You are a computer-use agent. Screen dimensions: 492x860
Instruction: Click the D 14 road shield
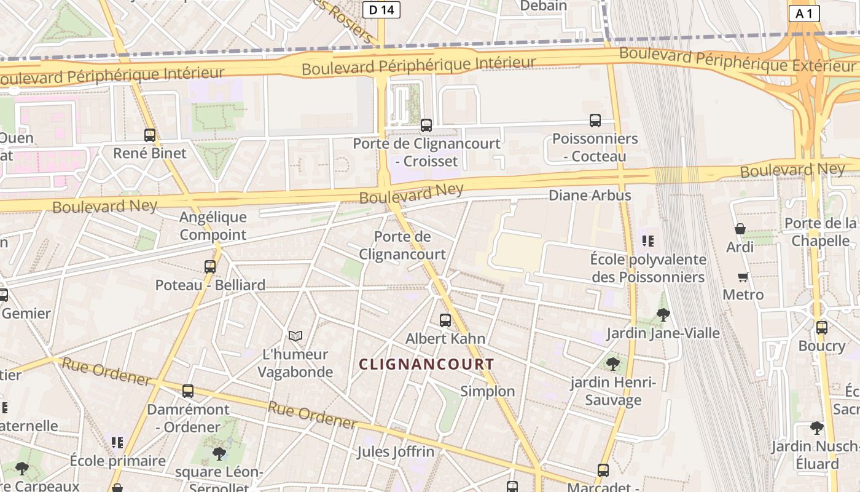[381, 9]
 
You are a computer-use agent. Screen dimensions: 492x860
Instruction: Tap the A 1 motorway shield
[804, 14]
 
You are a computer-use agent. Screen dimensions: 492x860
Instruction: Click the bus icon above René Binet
[150, 135]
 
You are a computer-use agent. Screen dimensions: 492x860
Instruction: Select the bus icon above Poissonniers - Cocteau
[595, 121]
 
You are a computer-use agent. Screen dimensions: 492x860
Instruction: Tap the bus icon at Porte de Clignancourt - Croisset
[426, 125]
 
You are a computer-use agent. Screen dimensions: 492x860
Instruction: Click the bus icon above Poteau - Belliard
[210, 267]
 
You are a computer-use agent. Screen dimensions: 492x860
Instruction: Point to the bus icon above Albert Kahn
[445, 320]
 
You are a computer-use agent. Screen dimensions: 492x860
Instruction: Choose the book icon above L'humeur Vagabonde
[295, 336]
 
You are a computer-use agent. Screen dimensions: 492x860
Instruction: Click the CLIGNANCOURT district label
[426, 364]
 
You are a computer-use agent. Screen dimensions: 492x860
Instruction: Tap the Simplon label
[488, 391]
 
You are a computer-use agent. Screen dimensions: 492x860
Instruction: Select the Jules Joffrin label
[396, 452]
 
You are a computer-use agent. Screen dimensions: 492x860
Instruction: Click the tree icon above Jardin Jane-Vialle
[663, 315]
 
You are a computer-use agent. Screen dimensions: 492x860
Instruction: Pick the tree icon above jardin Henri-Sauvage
[612, 363]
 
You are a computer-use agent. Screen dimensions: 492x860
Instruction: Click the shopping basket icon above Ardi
[740, 229]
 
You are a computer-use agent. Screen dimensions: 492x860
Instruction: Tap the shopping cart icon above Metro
[743, 277]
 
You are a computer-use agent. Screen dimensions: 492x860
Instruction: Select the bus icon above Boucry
[822, 327]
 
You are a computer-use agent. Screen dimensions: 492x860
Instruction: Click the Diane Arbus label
[589, 196]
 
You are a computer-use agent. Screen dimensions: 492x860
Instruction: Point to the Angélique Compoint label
[213, 226]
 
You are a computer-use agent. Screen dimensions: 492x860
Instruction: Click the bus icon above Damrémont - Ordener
[188, 391]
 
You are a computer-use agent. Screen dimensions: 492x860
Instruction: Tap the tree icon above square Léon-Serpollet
[219, 454]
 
